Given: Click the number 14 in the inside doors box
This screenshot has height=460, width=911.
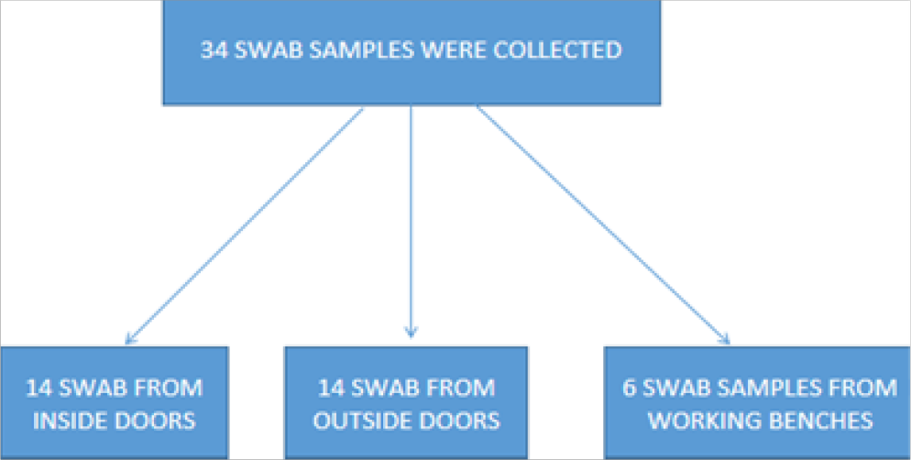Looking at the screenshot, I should tap(39, 388).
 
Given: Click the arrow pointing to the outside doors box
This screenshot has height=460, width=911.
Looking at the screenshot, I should tap(412, 220).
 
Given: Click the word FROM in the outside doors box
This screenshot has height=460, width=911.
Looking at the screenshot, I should tap(464, 388).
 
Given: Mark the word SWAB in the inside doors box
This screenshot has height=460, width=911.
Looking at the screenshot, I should tap(98, 388).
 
